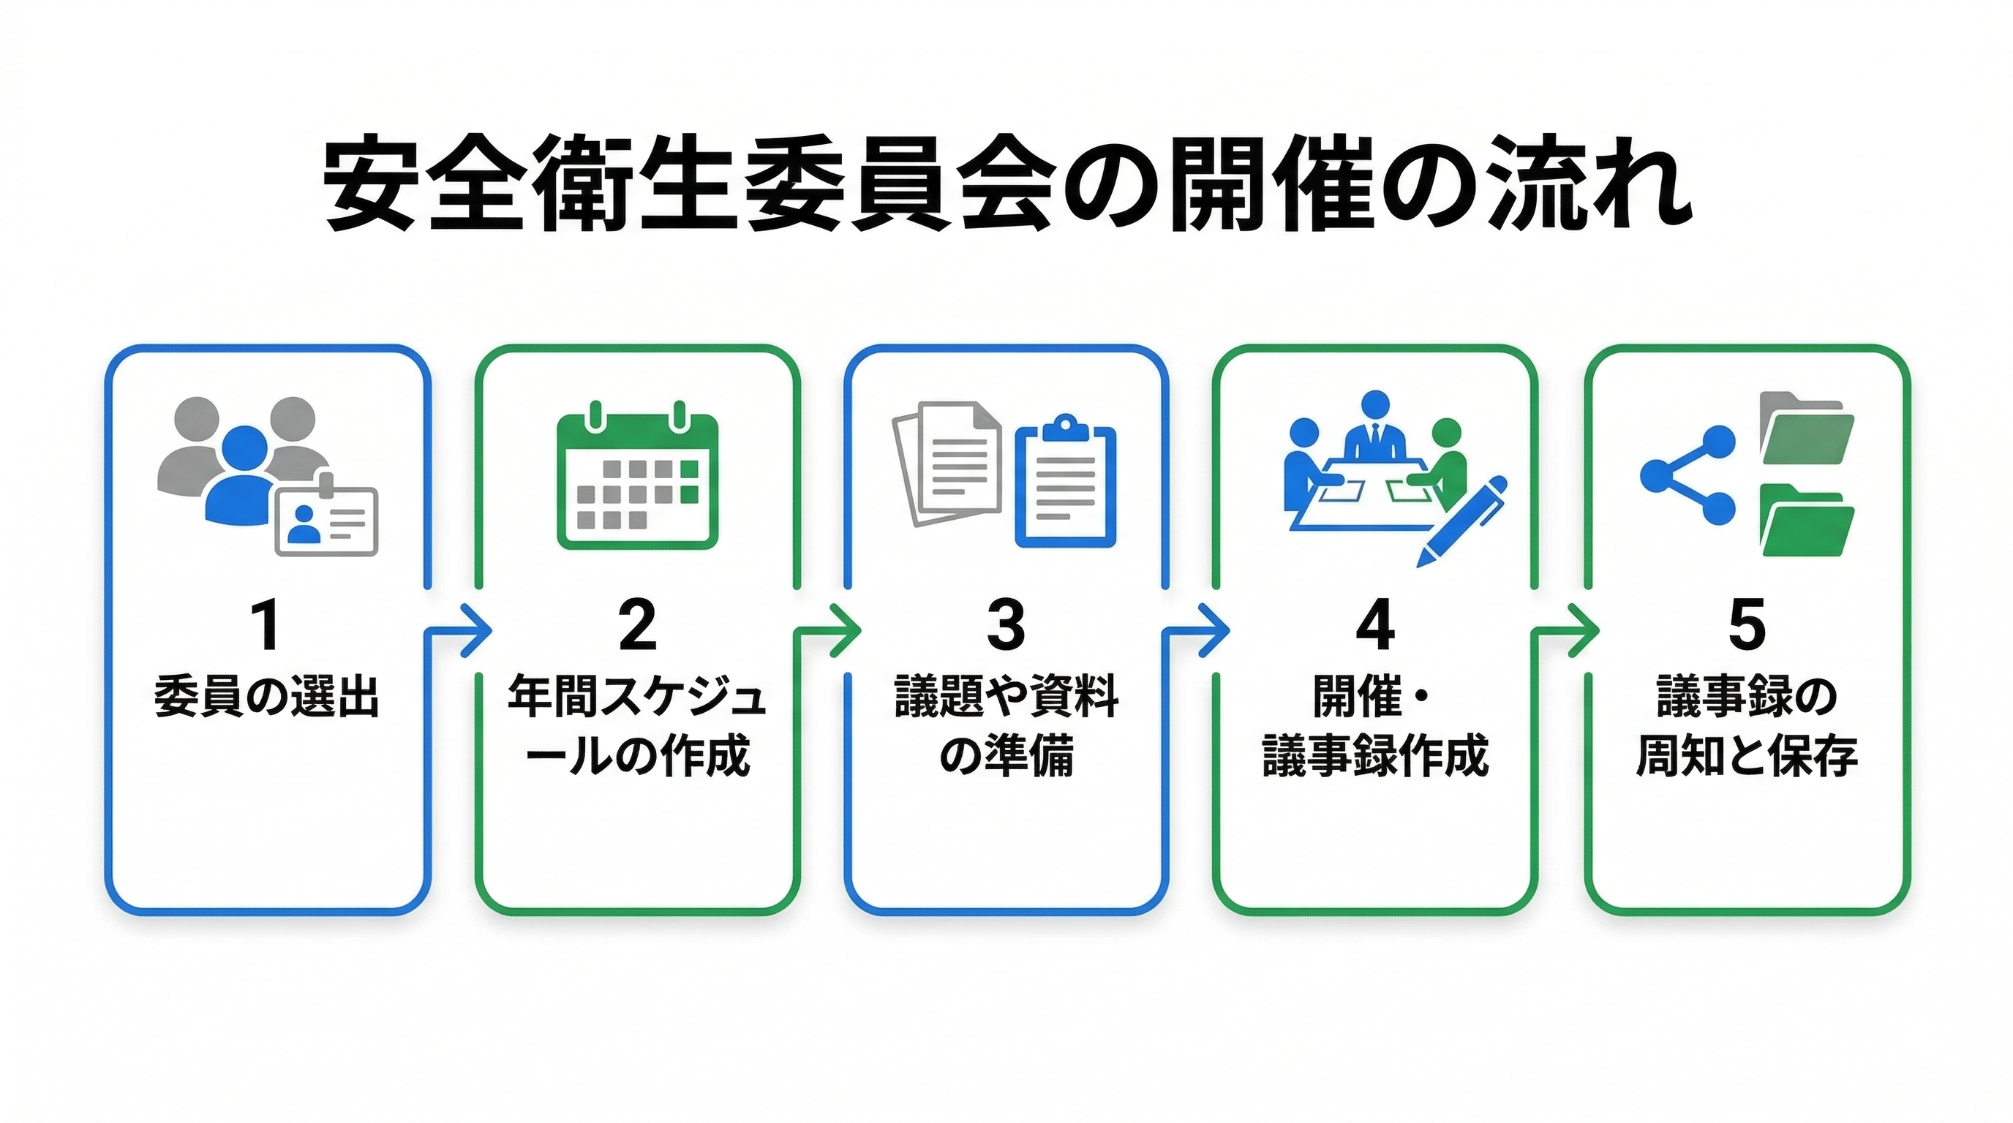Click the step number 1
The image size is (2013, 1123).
[x=267, y=625]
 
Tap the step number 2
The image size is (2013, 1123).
[x=637, y=625]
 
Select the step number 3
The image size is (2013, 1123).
[x=1006, y=625]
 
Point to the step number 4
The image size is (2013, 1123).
[x=1375, y=625]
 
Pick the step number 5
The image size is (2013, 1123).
[x=1747, y=625]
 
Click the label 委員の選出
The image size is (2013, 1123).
[x=267, y=697]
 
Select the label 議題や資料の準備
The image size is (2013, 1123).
[x=1006, y=726]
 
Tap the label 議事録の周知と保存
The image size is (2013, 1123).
[x=1747, y=726]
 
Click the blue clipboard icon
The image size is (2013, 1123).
[x=1065, y=484]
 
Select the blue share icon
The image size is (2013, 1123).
[x=1688, y=474]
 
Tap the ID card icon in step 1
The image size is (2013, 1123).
[x=327, y=519]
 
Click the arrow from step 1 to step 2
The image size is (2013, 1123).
[x=469, y=629]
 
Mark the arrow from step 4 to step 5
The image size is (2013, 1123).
[x=1576, y=629]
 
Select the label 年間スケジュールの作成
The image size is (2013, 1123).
[x=637, y=726]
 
